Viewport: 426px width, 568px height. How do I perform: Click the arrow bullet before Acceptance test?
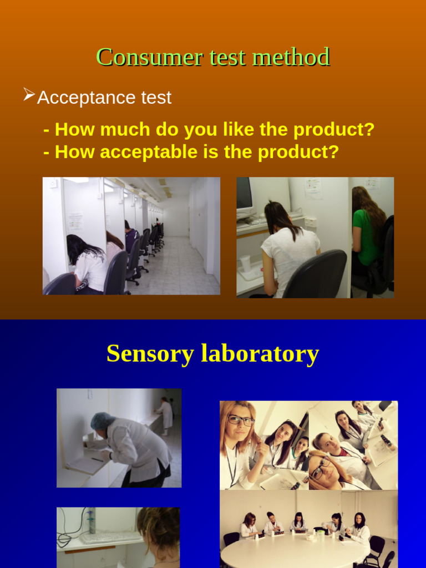click(x=29, y=96)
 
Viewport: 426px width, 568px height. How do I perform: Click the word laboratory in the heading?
click(x=260, y=354)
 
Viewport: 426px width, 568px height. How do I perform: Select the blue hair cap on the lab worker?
click(x=102, y=420)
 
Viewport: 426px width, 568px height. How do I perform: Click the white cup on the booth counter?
click(x=245, y=263)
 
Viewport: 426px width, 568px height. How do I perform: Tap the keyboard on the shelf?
click(x=111, y=537)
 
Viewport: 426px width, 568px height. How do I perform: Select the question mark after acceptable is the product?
click(x=333, y=152)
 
